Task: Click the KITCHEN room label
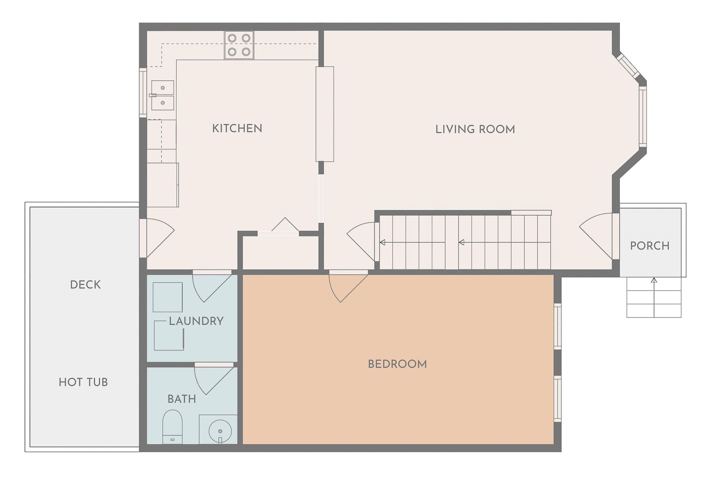(237, 128)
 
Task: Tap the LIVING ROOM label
(475, 129)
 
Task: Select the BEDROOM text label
(397, 364)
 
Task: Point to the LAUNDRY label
(196, 321)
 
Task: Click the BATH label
(182, 399)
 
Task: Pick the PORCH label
(650, 246)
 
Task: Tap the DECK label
(86, 284)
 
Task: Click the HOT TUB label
(83, 382)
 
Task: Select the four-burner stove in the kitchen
(239, 45)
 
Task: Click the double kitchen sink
(163, 95)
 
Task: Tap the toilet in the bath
(172, 427)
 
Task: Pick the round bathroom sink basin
(220, 431)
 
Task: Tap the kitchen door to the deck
(157, 238)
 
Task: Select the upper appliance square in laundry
(168, 297)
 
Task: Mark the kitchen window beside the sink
(143, 93)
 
